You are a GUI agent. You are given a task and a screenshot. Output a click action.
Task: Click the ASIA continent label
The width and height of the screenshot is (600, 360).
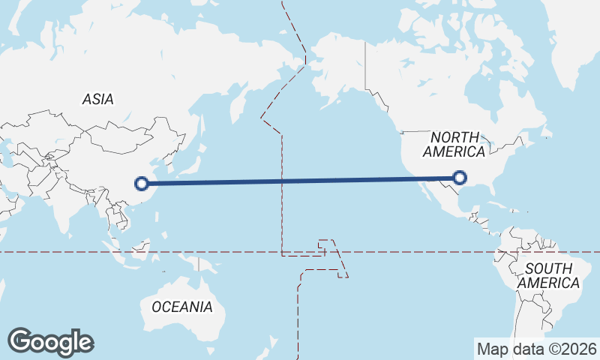98,99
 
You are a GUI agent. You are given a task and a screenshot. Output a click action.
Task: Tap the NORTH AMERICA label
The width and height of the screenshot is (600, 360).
454,144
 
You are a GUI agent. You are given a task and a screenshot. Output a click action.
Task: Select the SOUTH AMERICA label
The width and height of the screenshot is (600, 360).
548,275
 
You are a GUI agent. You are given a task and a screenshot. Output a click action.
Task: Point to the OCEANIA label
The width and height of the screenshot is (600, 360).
181,307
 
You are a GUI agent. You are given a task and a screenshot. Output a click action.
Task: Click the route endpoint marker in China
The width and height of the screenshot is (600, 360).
141,182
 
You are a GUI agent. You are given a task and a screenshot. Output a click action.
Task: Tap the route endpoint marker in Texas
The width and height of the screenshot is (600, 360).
460,178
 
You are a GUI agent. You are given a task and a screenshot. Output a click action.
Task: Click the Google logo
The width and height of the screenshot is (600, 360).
50,342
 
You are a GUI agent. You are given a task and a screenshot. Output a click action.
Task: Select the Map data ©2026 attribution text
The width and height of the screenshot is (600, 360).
537,349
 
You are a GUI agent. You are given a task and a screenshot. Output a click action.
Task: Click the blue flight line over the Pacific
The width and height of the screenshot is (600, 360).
300,180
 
